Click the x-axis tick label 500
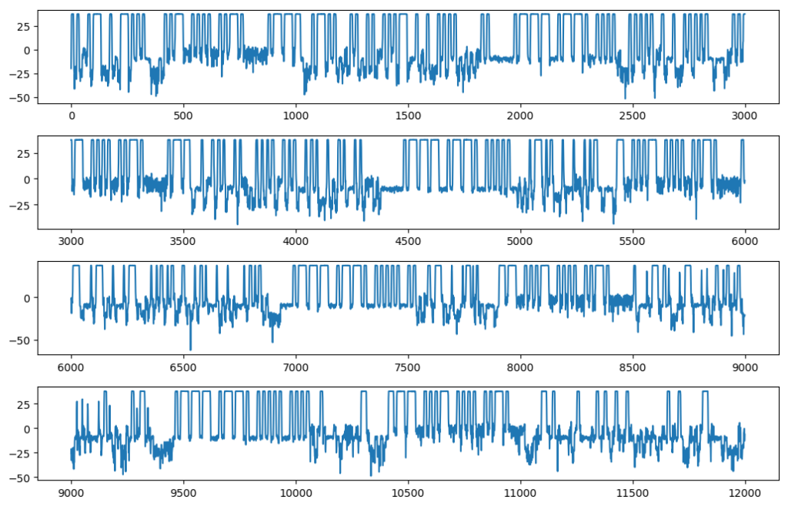click(x=183, y=116)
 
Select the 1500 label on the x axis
click(x=408, y=116)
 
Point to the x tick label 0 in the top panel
click(x=72, y=116)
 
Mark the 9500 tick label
click(x=183, y=494)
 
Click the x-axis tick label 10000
click(x=295, y=494)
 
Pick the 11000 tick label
click(x=520, y=494)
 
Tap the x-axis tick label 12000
click(x=745, y=494)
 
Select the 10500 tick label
click(x=408, y=494)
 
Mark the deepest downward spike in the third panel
click(x=191, y=350)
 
